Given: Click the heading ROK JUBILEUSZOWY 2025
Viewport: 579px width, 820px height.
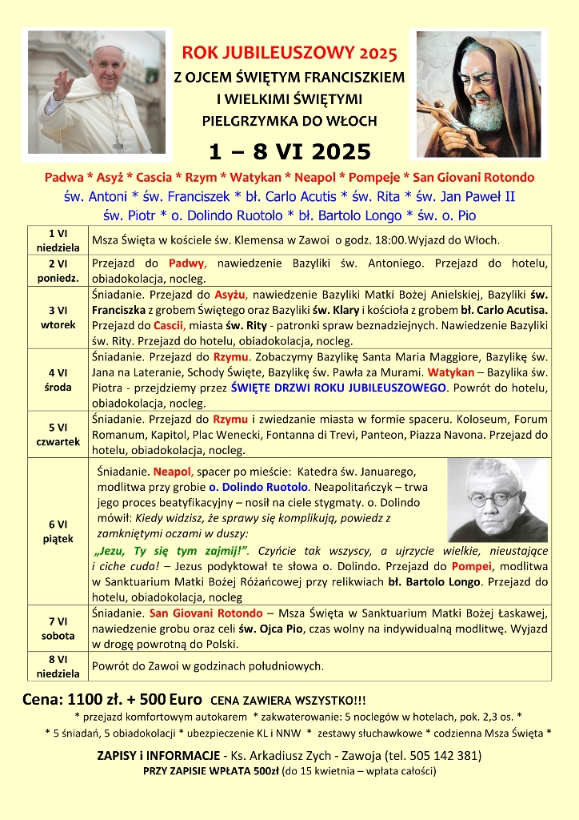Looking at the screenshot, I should coord(289,54).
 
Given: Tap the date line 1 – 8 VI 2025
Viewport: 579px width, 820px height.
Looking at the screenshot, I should coord(289,151).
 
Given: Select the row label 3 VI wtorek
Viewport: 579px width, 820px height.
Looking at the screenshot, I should coord(57,318).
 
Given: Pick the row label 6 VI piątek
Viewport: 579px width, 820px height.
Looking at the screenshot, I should coord(57,531).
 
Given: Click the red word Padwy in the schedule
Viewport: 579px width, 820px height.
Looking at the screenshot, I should coord(188,263).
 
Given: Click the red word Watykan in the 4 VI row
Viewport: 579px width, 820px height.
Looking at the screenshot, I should coord(450,372).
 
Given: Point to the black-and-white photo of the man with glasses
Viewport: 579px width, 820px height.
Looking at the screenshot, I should coord(497,500).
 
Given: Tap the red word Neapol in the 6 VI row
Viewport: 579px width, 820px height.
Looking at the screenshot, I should coord(172,472).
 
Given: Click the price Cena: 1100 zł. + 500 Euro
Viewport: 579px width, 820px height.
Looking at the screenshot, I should coord(112,698).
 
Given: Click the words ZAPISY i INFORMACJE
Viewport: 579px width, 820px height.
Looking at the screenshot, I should coord(158,755).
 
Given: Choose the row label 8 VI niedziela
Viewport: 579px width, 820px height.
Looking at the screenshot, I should coord(57,665).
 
